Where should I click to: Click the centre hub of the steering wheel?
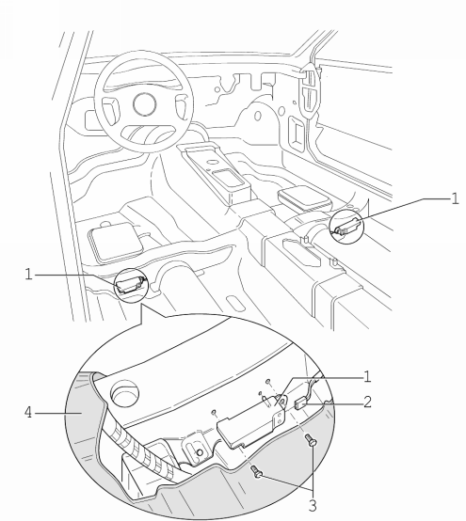tap(144, 104)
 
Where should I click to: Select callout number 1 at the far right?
tap(455, 198)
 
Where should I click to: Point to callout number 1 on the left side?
tap(28, 275)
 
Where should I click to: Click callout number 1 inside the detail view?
tap(367, 377)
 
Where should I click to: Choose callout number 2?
tap(367, 403)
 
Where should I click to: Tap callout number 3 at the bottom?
tap(313, 506)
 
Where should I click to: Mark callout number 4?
tap(28, 413)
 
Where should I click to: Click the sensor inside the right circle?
tap(347, 227)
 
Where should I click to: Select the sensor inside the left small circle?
tap(131, 285)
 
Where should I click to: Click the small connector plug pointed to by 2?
tap(300, 403)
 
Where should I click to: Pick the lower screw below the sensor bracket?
tap(257, 471)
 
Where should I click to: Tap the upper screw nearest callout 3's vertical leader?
tap(312, 440)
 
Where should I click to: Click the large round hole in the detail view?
tap(124, 393)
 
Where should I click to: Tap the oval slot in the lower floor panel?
tap(235, 303)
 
